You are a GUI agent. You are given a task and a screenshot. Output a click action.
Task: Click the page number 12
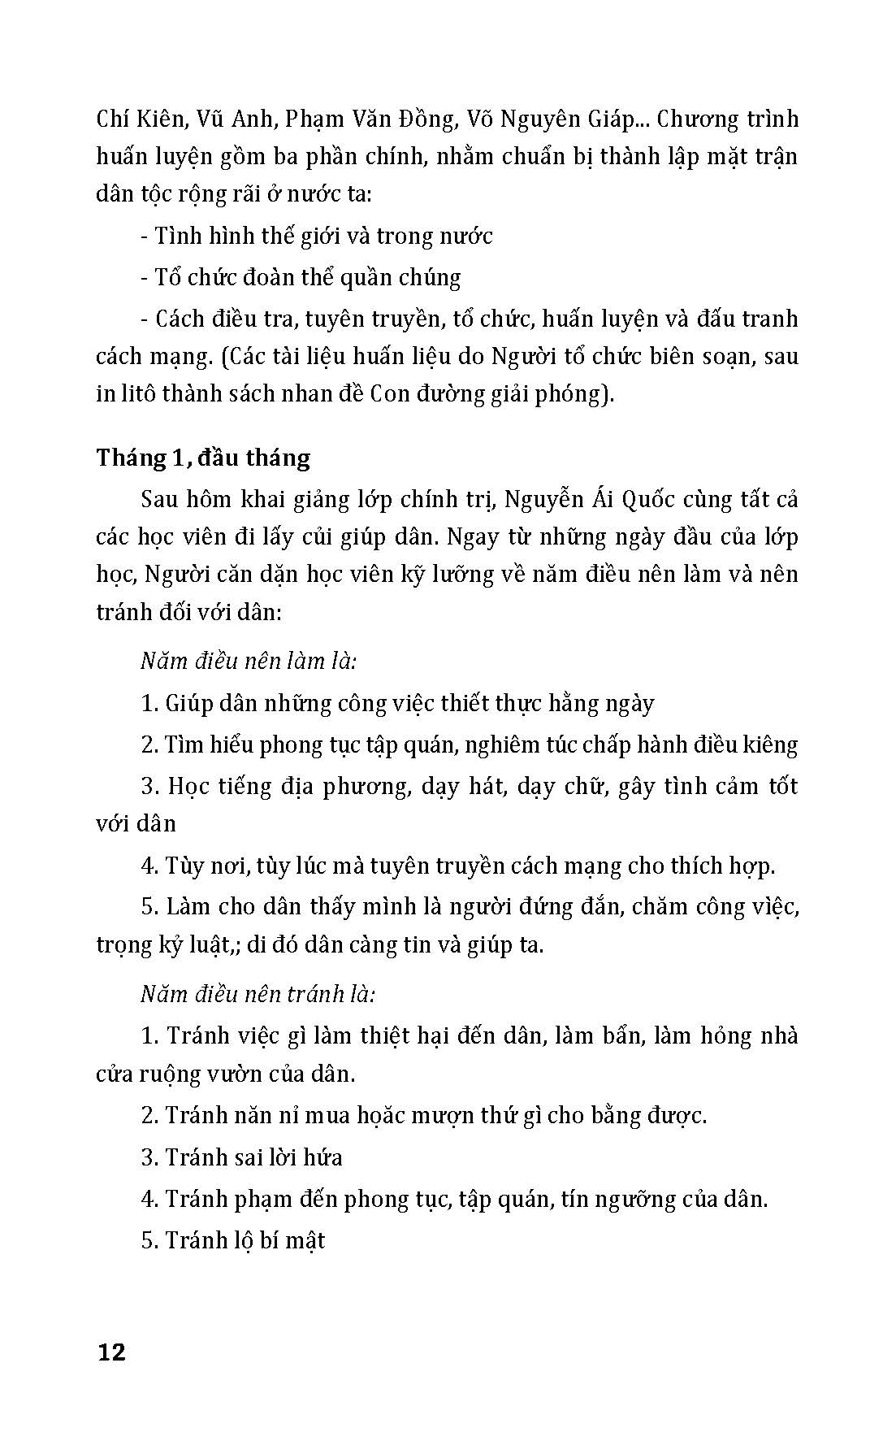111,1353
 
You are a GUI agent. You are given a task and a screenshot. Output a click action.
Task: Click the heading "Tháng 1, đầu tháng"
203,458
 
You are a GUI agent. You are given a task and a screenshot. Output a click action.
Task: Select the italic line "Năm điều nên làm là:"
249,661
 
